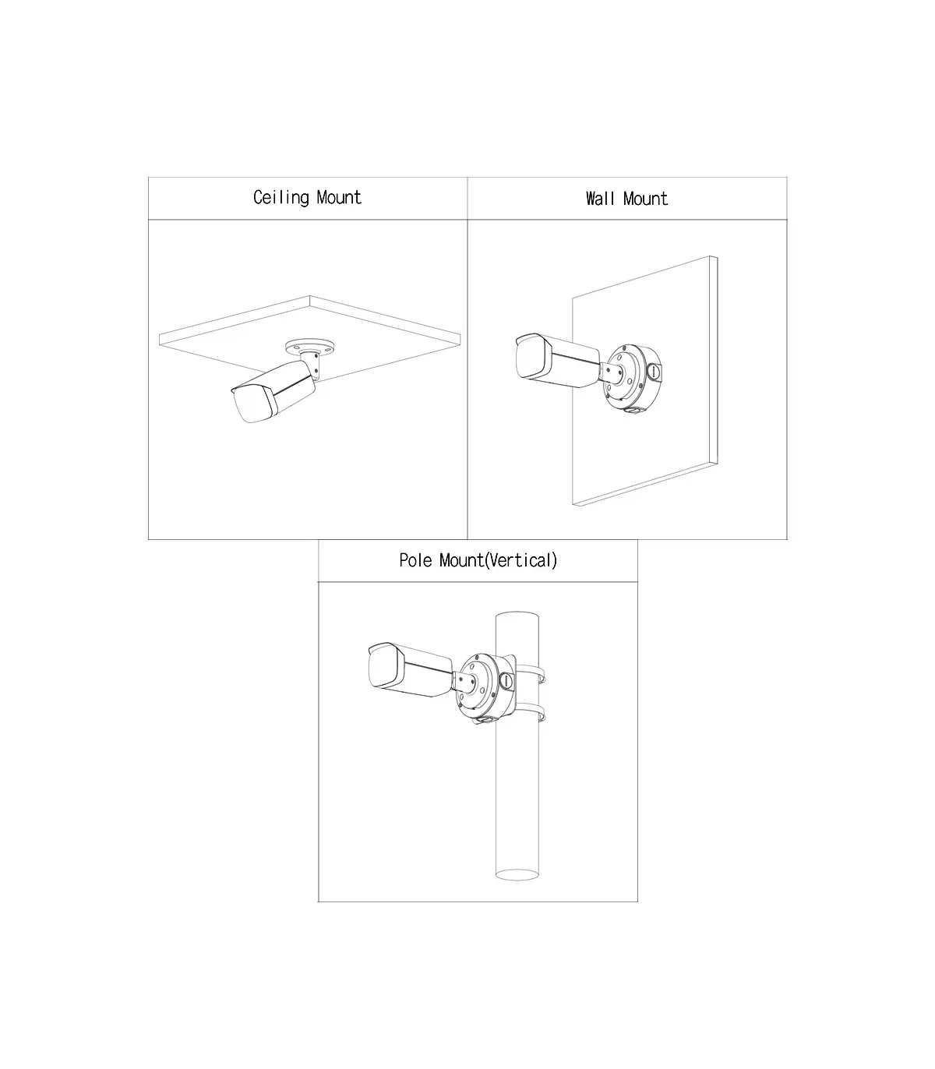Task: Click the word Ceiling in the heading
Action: click(281, 197)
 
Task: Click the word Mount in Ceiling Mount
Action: click(339, 197)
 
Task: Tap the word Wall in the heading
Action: click(600, 199)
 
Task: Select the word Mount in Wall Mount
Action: click(646, 199)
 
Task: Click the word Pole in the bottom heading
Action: click(416, 560)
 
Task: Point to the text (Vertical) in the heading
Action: click(520, 560)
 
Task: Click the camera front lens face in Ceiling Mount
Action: click(252, 404)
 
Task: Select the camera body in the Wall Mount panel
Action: click(557, 361)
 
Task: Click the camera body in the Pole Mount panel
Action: click(410, 670)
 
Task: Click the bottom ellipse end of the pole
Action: click(517, 874)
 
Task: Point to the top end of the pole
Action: click(517, 617)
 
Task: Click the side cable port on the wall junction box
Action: click(654, 372)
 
